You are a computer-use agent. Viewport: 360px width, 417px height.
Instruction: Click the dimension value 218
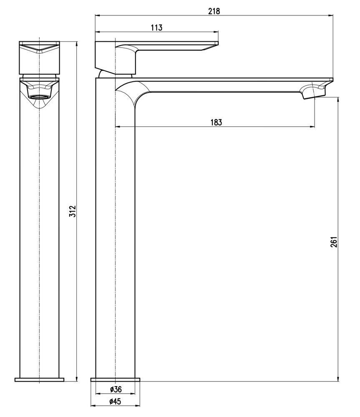214,12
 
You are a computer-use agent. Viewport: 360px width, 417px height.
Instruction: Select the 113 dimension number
156,28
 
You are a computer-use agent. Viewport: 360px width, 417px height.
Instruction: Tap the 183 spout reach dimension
215,122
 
